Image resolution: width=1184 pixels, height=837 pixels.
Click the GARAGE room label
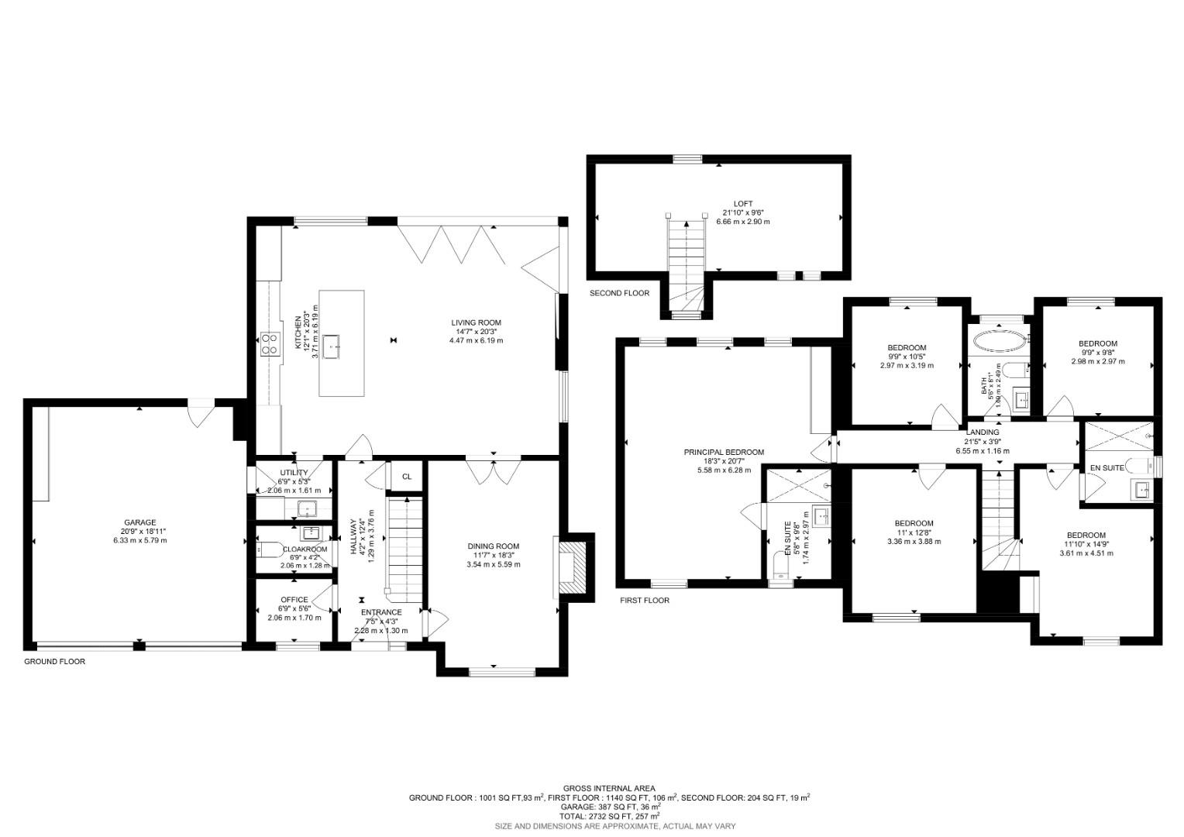click(140, 522)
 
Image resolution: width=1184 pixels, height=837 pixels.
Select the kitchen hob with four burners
click(270, 343)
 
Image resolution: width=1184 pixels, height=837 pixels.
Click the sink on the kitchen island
click(333, 346)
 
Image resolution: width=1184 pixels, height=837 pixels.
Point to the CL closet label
click(406, 477)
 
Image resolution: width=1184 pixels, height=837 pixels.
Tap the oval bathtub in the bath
click(998, 340)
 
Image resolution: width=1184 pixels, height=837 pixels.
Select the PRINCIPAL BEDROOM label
click(724, 453)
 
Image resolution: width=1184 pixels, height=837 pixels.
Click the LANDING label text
click(983, 432)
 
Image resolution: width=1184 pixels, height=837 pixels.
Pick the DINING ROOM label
click(494, 546)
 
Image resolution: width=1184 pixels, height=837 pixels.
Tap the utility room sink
click(308, 509)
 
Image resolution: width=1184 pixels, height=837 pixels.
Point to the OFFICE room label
click(294, 600)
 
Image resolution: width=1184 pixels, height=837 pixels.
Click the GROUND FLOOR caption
click(54, 662)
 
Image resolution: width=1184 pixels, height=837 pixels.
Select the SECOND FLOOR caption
click(619, 294)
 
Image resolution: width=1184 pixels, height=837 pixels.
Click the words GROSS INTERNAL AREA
click(609, 788)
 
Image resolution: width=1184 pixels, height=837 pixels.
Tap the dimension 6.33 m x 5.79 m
click(140, 541)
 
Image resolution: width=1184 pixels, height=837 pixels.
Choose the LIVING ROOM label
click(477, 322)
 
